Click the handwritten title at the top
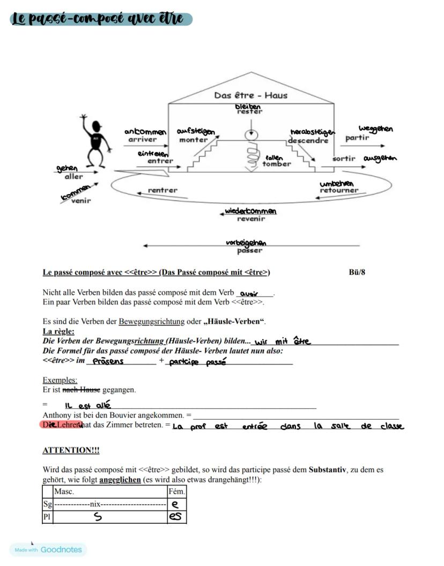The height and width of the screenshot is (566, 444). (x=101, y=19)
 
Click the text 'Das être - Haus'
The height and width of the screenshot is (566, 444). (x=251, y=95)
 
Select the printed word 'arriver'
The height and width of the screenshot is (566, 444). (x=142, y=139)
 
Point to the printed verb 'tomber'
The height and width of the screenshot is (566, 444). (x=277, y=164)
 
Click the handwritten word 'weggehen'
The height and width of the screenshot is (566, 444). (x=375, y=129)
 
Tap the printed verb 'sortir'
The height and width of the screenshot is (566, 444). (x=344, y=159)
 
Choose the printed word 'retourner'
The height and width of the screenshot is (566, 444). (x=338, y=190)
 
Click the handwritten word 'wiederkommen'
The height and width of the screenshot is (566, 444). (x=250, y=211)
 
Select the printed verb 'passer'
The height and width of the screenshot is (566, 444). (x=250, y=250)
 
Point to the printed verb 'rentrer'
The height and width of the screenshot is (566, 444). (x=162, y=190)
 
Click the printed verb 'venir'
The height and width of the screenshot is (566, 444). (x=81, y=201)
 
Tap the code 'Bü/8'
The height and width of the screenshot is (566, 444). (x=357, y=272)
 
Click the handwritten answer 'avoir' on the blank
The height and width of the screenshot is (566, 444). (x=249, y=294)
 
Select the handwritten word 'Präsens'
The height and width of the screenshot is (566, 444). (x=108, y=361)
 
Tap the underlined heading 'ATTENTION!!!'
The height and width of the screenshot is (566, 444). (x=71, y=450)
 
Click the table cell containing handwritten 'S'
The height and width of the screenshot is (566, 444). (x=98, y=517)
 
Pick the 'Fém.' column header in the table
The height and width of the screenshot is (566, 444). (x=176, y=491)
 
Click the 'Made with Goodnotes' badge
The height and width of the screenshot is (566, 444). (x=48, y=549)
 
